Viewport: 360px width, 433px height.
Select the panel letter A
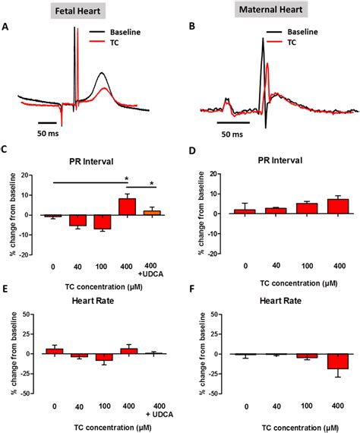[x=6, y=27]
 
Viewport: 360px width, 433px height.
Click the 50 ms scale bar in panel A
[x=48, y=121]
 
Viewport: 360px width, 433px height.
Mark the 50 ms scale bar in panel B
[x=232, y=121]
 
